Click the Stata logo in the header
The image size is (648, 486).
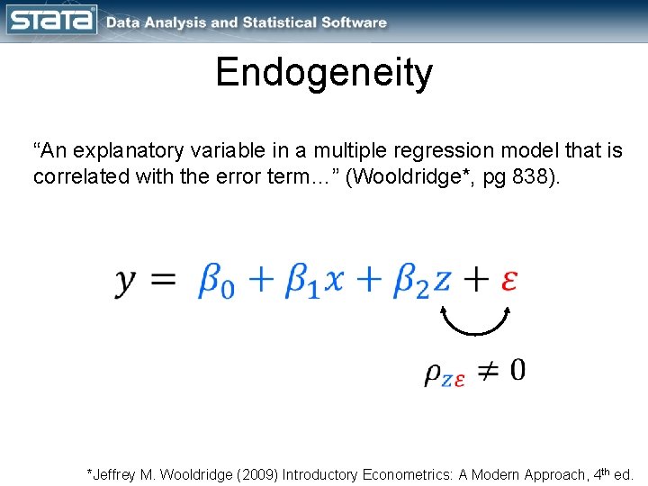(51, 21)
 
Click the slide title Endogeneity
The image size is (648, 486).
(324, 73)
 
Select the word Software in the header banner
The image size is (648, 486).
(352, 23)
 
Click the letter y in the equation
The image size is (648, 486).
(127, 283)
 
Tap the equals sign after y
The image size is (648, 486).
(163, 281)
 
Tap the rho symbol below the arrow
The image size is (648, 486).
(433, 373)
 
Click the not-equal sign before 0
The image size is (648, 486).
(487, 370)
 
